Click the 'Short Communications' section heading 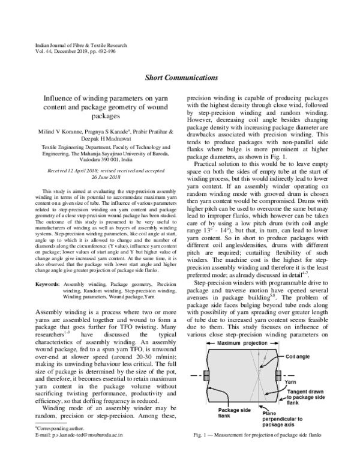tap(181, 77)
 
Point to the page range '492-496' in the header tap(109, 53)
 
